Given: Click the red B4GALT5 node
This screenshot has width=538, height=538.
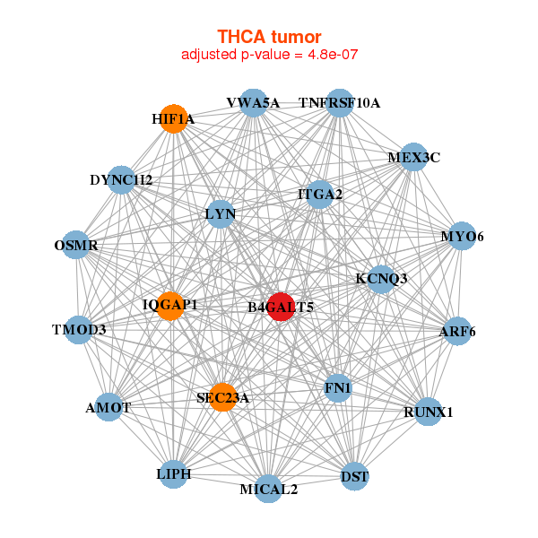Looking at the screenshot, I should click(281, 307).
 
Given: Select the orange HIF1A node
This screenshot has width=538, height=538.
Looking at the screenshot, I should click(173, 118).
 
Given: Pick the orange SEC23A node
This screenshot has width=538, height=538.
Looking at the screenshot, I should click(222, 397).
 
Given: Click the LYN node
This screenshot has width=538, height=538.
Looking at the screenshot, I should click(220, 214).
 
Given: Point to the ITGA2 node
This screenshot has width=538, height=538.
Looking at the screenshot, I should click(320, 194).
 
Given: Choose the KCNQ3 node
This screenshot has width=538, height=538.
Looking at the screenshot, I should click(381, 279).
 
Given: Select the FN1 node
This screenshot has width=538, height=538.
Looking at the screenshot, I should click(338, 388).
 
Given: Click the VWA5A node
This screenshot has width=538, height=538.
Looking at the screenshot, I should click(253, 103).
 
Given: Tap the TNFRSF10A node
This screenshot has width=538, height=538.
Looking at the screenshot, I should click(339, 103).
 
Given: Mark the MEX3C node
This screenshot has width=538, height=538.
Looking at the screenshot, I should click(413, 158).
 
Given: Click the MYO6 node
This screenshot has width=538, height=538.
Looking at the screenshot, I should click(462, 237).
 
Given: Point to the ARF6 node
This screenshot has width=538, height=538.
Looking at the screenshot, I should click(457, 332).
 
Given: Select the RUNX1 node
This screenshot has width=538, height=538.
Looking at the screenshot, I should click(429, 412).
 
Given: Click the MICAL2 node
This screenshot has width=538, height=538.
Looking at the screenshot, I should click(269, 489).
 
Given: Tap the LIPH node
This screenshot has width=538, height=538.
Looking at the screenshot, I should click(173, 473).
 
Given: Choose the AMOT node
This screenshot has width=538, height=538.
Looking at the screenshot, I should click(108, 407).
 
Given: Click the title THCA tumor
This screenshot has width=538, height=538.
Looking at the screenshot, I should click(269, 37).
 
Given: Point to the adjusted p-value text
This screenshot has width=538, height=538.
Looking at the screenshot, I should click(269, 55).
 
